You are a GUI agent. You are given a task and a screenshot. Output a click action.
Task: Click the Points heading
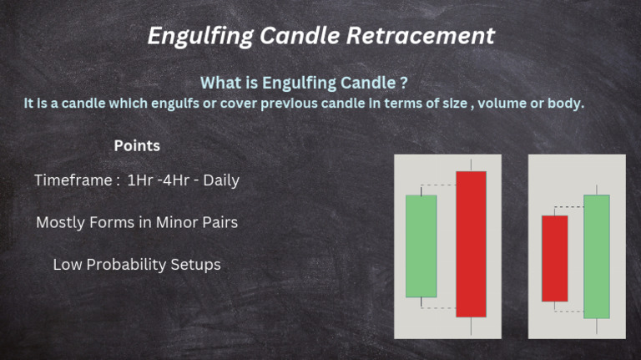pos(137,145)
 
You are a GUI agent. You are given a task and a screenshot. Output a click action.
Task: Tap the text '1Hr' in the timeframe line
pos(140,180)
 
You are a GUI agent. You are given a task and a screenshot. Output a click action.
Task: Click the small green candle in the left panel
pos(421,246)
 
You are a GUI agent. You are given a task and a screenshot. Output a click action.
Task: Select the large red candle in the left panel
pos(471,244)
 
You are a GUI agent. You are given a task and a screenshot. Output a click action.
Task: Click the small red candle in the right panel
pos(554,258)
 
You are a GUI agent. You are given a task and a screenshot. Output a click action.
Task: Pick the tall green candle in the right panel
pos(596,256)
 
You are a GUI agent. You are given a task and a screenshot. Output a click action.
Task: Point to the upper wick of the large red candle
pos(471,165)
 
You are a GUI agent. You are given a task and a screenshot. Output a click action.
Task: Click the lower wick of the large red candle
pos(471,326)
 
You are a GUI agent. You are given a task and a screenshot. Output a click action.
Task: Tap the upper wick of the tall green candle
pos(596,190)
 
